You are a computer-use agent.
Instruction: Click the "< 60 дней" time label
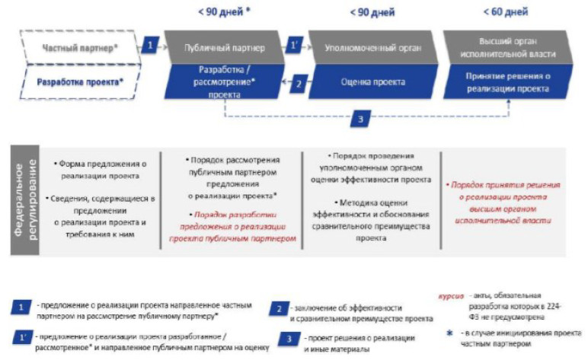505,12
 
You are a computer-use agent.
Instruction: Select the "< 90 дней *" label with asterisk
224,12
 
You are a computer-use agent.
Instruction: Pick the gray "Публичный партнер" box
224,47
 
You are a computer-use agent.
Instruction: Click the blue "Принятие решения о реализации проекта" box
507,82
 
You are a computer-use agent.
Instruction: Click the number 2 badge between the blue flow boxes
299,83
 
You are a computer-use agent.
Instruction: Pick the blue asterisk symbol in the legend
449,333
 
